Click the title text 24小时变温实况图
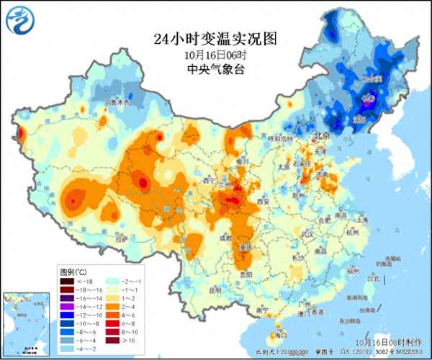[x=215, y=38]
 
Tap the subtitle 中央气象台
[x=215, y=69]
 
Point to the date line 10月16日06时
[x=215, y=55]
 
